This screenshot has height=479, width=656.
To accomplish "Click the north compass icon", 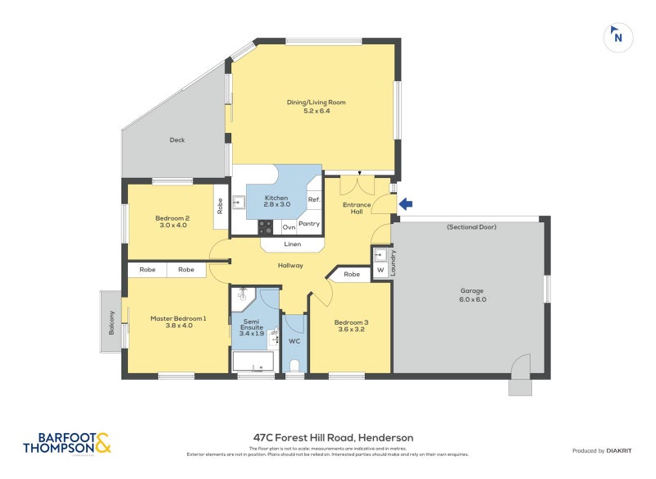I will click(x=617, y=36).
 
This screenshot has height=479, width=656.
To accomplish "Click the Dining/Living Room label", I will click(x=316, y=107).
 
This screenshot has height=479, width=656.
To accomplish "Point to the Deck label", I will click(x=177, y=140).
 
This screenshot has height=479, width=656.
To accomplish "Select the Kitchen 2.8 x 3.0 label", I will click(x=276, y=203).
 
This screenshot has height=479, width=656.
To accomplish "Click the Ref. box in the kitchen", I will click(x=314, y=199).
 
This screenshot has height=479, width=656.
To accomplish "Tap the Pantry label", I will click(x=309, y=224).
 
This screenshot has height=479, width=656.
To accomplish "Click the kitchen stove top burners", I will click(x=266, y=227).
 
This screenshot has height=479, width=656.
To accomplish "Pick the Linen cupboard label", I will click(x=292, y=244).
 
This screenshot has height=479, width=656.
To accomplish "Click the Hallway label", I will click(x=290, y=265).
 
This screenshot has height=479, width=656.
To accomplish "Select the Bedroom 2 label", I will click(x=172, y=221).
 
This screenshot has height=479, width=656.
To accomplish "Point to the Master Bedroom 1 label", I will click(x=178, y=322).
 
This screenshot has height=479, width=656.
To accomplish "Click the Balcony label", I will click(x=112, y=322).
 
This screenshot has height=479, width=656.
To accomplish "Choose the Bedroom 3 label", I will click(x=351, y=326).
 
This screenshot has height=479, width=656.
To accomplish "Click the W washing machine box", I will click(x=380, y=271).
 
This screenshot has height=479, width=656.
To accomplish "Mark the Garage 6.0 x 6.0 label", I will click(x=471, y=295).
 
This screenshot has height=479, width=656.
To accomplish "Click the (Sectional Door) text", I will click(x=471, y=226).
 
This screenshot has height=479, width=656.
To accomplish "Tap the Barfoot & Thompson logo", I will click(x=66, y=444).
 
